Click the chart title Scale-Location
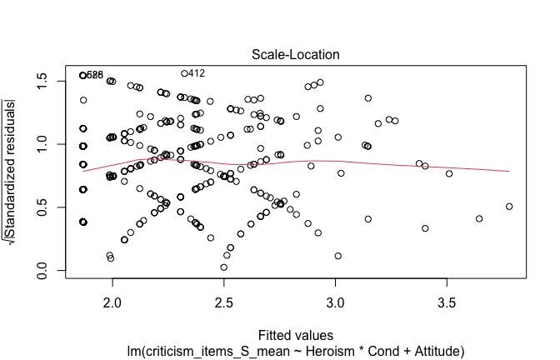(286, 55)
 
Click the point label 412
(197, 73)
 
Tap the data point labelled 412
(185, 73)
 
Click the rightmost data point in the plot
(509, 206)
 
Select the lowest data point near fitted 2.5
(223, 267)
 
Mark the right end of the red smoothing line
(508, 171)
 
